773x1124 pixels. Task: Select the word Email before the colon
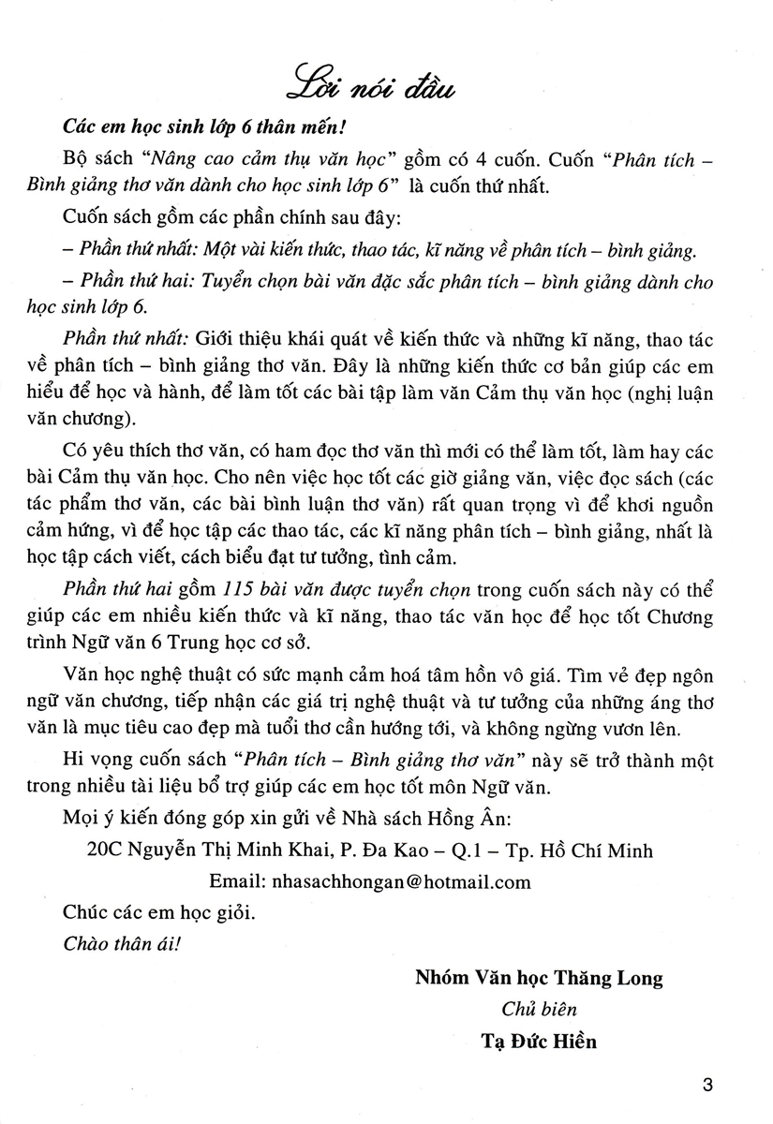pos(236,881)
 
